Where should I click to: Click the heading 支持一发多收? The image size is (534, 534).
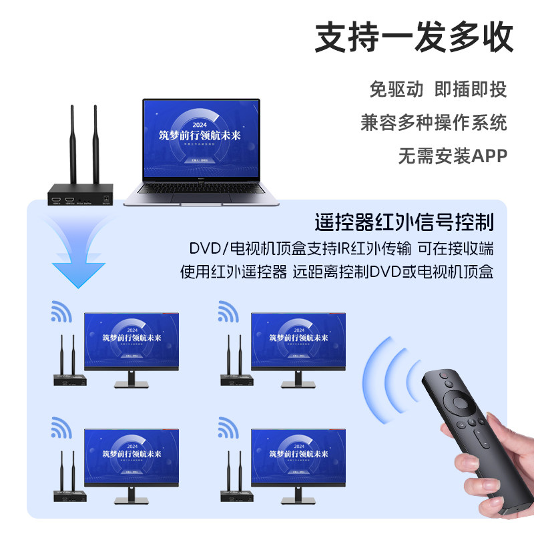(414, 37)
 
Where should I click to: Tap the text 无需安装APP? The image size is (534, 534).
(452, 156)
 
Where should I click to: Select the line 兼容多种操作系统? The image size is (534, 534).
(433, 122)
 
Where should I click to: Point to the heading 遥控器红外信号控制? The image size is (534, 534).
(404, 222)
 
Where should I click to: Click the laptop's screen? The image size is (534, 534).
(201, 140)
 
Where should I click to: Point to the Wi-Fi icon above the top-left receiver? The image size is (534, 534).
(61, 312)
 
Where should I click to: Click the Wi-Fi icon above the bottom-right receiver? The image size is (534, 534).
(228, 428)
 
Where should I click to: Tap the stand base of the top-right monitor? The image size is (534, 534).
(298, 386)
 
